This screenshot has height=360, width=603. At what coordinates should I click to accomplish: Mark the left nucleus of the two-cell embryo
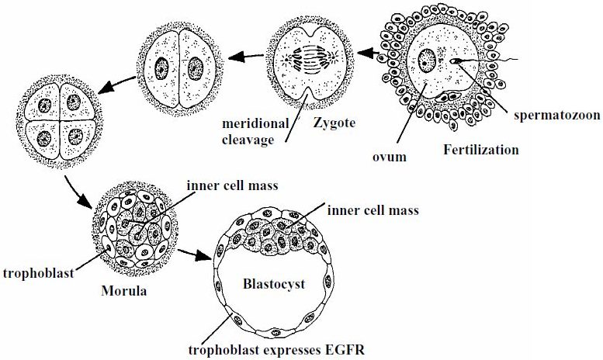[x=164, y=64]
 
